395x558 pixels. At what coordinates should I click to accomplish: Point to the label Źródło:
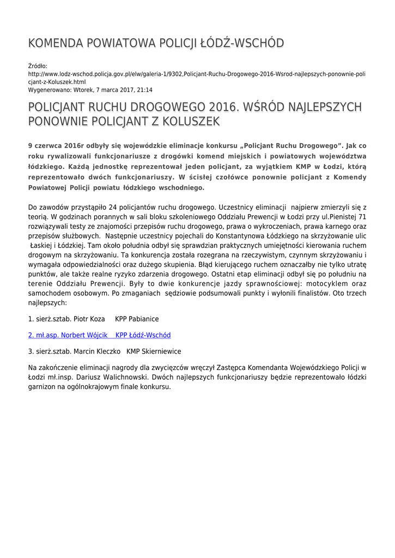(x=38, y=66)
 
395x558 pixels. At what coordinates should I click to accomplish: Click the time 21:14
(x=144, y=90)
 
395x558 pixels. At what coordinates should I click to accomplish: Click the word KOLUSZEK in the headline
(x=190, y=122)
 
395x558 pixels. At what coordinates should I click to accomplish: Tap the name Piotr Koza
(x=88, y=319)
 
